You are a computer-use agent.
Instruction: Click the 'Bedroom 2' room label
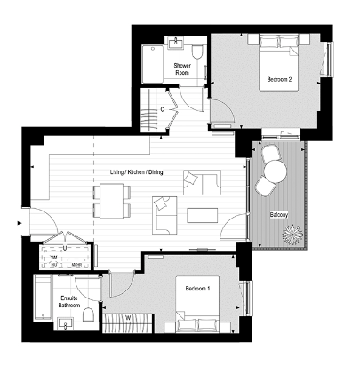click(x=279, y=79)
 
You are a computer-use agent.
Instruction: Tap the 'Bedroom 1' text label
click(x=197, y=289)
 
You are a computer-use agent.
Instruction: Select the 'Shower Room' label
click(x=183, y=69)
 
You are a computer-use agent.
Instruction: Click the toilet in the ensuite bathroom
click(x=86, y=315)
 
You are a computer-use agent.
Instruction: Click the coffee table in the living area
click(x=201, y=214)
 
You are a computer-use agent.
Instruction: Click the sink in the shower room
click(x=175, y=44)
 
